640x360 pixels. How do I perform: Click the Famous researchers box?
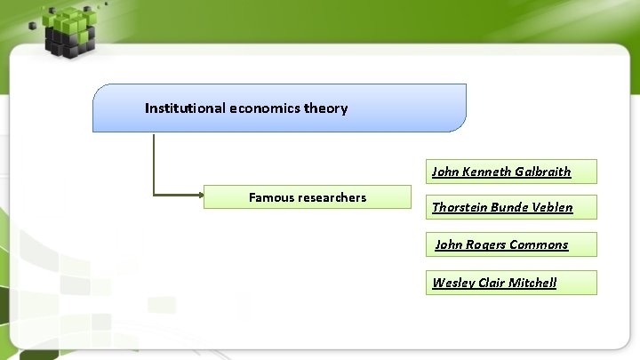pyautogui.click(x=308, y=197)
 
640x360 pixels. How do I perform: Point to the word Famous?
pyautogui.click(x=271, y=197)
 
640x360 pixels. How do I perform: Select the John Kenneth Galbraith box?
pyautogui.click(x=511, y=172)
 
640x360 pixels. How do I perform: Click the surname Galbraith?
pyautogui.click(x=542, y=172)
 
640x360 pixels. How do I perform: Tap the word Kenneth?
pyautogui.click(x=486, y=172)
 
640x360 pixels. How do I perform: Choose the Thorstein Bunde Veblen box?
pyautogui.click(x=511, y=207)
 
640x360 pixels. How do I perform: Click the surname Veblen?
pyautogui.click(x=552, y=207)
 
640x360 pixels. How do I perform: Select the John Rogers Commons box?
pyautogui.click(x=511, y=244)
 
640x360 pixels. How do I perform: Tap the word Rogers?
pyautogui.click(x=487, y=244)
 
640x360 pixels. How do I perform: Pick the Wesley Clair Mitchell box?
pyautogui.click(x=511, y=283)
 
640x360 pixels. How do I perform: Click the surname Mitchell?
pyautogui.click(x=532, y=283)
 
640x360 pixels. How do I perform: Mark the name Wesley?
pyautogui.click(x=452, y=283)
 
